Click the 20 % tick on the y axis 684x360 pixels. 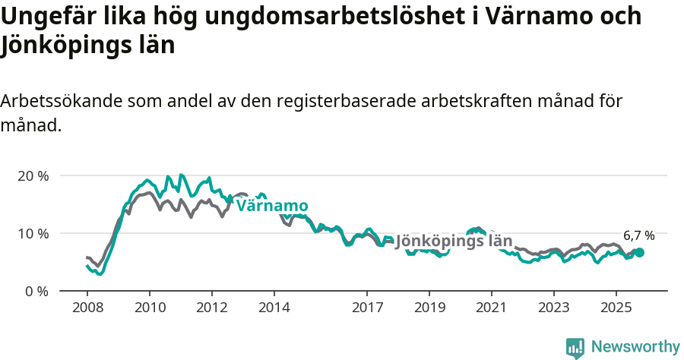(x=32, y=175)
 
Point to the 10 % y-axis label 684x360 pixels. (x=32, y=233)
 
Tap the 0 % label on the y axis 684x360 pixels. (x=35, y=291)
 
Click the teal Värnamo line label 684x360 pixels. (x=272, y=206)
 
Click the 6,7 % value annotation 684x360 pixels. (x=638, y=235)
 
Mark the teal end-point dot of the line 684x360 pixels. (x=639, y=252)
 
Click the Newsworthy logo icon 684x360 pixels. (x=575, y=347)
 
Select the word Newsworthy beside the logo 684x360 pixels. (x=635, y=347)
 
